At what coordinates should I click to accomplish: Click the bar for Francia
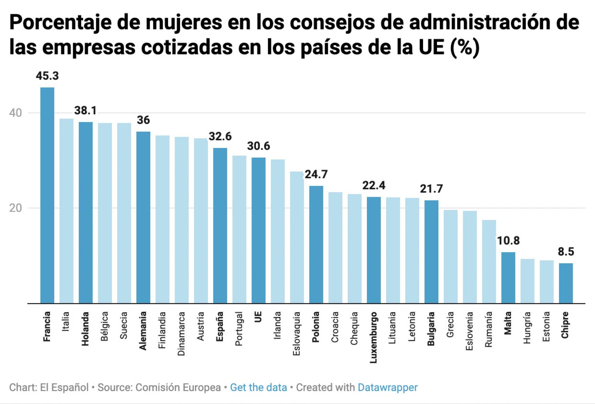pyautogui.click(x=47, y=195)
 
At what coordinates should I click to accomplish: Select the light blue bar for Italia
pyautogui.click(x=66, y=211)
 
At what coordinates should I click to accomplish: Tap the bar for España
pyautogui.click(x=220, y=226)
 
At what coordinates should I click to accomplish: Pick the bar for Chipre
pyautogui.click(x=566, y=283)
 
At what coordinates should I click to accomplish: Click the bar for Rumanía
pyautogui.click(x=489, y=262)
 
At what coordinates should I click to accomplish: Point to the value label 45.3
pyautogui.click(x=47, y=76)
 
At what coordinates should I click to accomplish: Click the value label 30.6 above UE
pyautogui.click(x=258, y=146)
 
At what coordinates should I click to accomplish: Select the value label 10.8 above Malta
pyautogui.click(x=508, y=241)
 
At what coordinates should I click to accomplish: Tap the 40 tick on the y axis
pyautogui.click(x=15, y=113)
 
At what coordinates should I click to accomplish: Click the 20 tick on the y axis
pyautogui.click(x=15, y=208)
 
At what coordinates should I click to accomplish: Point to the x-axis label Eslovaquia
pyautogui.click(x=296, y=334)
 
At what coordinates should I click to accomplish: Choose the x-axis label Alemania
pyautogui.click(x=143, y=331)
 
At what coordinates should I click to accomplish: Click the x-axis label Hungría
pyautogui.click(x=527, y=328)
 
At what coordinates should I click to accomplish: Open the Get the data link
pyautogui.click(x=258, y=388)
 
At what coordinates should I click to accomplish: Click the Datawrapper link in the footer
pyautogui.click(x=387, y=388)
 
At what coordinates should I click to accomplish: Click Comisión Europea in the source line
pyautogui.click(x=178, y=388)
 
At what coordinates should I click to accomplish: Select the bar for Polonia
pyautogui.click(x=316, y=244)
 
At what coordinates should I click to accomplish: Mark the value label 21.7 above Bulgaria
pyautogui.click(x=431, y=189)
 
